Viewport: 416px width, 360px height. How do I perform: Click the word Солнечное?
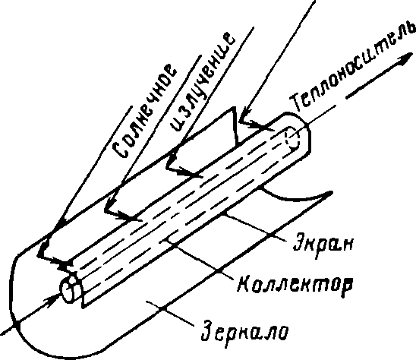click(143, 111)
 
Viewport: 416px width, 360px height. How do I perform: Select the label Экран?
click(323, 242)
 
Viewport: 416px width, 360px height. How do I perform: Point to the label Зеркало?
click(244, 331)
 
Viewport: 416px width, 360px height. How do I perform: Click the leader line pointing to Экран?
click(255, 228)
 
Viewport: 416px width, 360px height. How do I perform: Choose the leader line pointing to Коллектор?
click(198, 259)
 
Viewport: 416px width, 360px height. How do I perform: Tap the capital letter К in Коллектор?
click(244, 283)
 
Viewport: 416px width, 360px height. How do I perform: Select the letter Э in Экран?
click(299, 241)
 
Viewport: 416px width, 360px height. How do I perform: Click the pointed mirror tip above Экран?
click(330, 192)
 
